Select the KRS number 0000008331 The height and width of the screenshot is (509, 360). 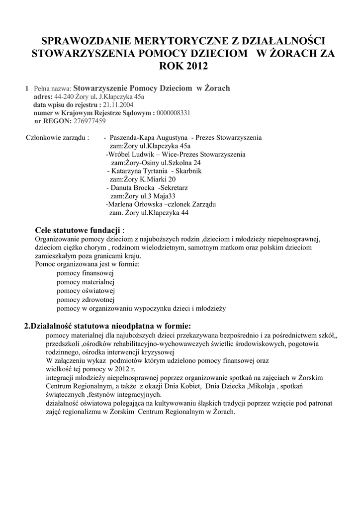[x=173, y=113]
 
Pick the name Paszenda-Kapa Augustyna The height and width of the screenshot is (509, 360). [x=148, y=137]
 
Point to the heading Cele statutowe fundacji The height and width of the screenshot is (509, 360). [x=78, y=231]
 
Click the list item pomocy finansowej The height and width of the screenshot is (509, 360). [x=86, y=273]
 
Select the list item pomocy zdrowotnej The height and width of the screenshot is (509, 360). [x=86, y=300]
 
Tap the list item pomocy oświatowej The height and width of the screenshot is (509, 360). [x=86, y=291]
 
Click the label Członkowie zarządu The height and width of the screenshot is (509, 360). [x=57, y=137]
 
